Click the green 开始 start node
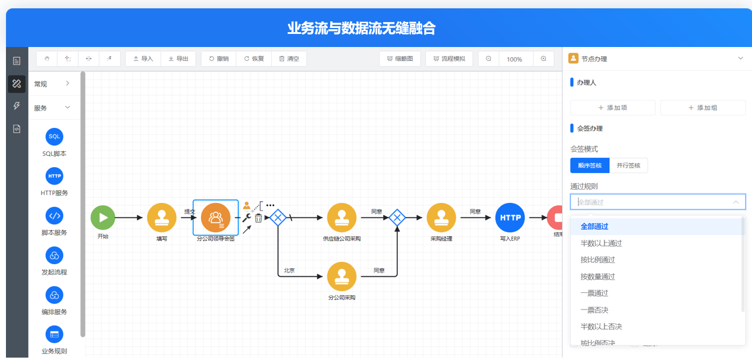tap(103, 217)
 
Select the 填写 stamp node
tap(162, 217)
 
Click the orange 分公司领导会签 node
tap(215, 218)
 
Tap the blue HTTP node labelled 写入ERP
tap(510, 217)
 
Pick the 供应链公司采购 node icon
tap(341, 217)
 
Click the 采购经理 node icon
tap(441, 217)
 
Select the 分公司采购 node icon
tap(341, 276)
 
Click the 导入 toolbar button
tap(143, 59)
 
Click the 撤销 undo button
tap(219, 59)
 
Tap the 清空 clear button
tap(289, 59)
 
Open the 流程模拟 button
tap(449, 59)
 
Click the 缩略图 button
tap(400, 59)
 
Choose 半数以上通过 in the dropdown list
tap(601, 243)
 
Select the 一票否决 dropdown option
tap(594, 310)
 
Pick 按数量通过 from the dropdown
tap(598, 277)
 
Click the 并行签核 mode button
tap(628, 165)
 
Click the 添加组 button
tap(703, 108)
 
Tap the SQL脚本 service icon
tap(54, 137)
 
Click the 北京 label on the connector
tap(289, 270)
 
